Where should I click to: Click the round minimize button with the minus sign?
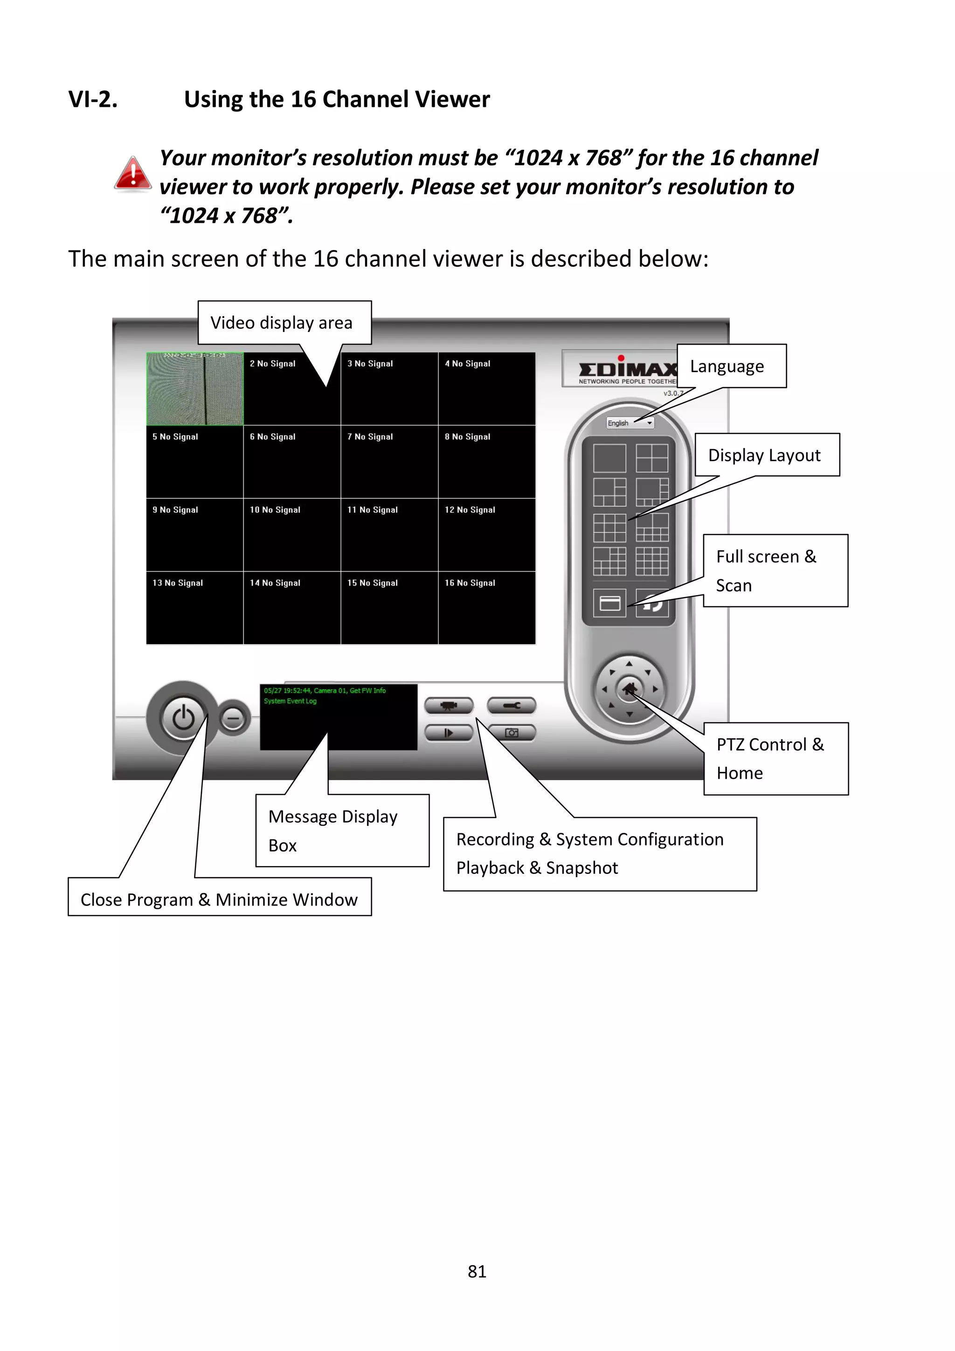(x=234, y=719)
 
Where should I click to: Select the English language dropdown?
(x=630, y=423)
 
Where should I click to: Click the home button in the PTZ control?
(x=629, y=688)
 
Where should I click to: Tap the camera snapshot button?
(x=512, y=733)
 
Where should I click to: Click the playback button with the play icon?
(x=449, y=733)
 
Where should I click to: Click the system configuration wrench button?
(x=512, y=706)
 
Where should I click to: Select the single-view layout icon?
(x=609, y=458)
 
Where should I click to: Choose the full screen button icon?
(x=609, y=603)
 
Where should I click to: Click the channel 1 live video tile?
(x=195, y=389)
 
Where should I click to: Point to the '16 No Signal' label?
(x=470, y=582)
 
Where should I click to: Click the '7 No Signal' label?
(x=370, y=436)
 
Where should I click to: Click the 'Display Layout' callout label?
(x=764, y=455)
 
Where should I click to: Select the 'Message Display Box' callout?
(x=342, y=830)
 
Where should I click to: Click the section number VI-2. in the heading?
(x=93, y=99)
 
